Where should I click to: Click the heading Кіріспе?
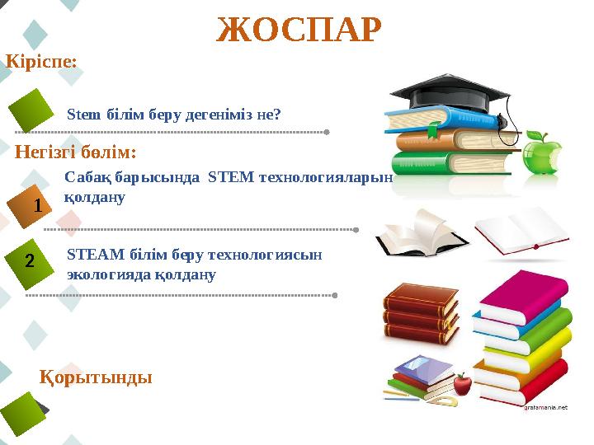42,62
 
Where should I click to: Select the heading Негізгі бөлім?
75,152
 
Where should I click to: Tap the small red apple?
463,384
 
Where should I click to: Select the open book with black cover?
410,232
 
